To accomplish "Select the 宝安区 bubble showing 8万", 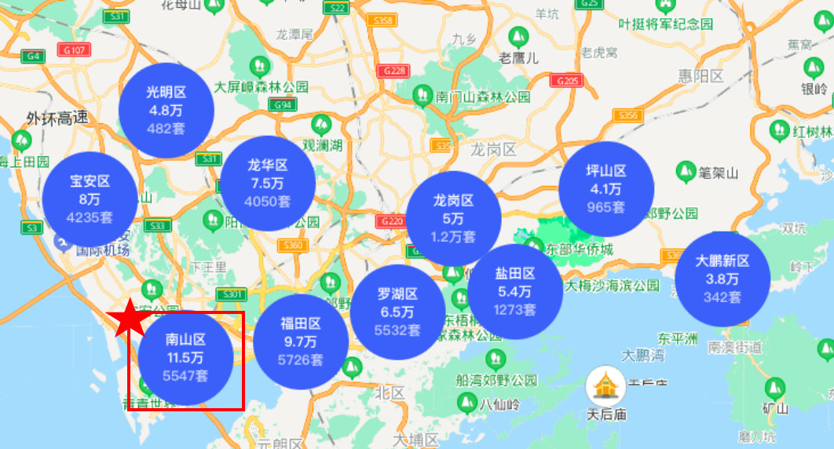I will (90, 199).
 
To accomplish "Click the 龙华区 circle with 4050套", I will (268, 184).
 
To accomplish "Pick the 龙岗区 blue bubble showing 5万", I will (453, 218).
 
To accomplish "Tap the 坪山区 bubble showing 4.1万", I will (605, 188).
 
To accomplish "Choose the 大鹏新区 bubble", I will (722, 279).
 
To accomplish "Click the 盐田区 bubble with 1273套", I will (514, 291).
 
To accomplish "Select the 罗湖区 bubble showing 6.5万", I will (397, 312).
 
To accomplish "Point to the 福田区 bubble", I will (300, 341).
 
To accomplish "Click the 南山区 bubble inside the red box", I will (185, 358).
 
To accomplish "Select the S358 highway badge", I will (384, 20).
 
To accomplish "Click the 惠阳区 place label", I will (701, 76).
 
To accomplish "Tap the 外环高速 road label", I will (57, 119).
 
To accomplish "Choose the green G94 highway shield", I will (284, 104).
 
